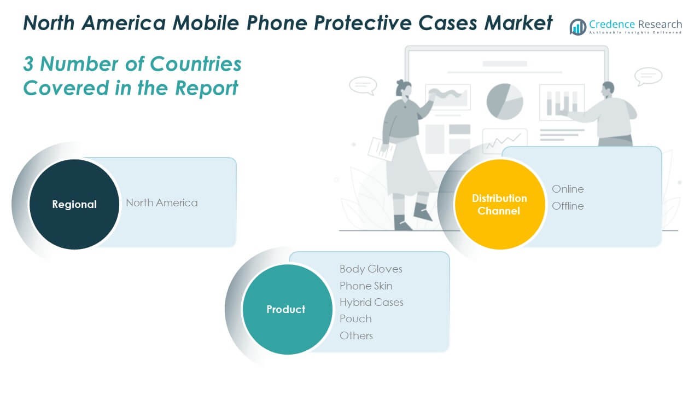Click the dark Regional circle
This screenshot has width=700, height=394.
74,204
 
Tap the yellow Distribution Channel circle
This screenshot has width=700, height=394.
499,204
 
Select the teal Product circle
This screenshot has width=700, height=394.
286,309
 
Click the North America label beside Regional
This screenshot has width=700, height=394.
162,202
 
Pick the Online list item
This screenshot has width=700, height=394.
568,189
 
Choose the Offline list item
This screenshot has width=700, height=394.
568,206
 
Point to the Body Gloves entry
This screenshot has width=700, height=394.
371,269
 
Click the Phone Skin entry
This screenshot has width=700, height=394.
366,286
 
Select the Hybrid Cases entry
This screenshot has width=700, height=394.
371,302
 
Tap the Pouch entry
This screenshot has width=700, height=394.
355,318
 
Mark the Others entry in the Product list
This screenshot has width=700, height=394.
356,335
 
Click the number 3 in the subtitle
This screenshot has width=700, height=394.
28,64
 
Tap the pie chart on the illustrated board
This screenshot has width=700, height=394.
505,101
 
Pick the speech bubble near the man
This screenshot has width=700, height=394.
649,76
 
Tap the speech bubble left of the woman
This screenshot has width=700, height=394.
363,85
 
